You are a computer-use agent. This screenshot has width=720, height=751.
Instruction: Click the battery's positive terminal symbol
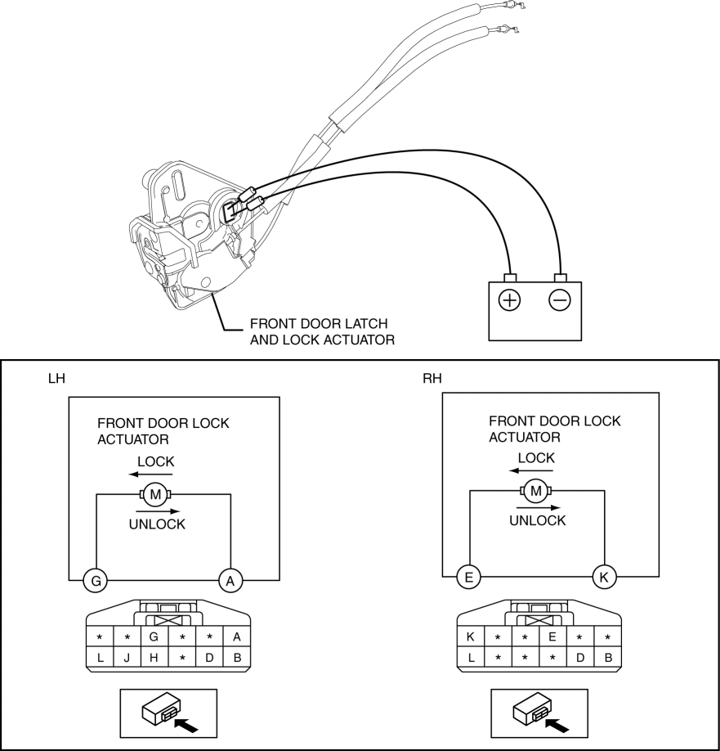click(509, 300)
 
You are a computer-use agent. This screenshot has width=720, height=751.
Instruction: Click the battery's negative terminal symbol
click(560, 300)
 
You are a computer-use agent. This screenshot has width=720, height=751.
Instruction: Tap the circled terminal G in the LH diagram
click(96, 581)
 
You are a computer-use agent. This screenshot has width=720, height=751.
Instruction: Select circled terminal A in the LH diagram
click(230, 581)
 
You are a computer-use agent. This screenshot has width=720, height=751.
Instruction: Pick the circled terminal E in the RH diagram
click(469, 577)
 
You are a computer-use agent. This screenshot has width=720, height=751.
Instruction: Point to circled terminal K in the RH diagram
click(604, 577)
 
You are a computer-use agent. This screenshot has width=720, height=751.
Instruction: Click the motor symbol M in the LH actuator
click(155, 494)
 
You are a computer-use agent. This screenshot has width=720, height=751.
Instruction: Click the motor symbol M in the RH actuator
click(536, 491)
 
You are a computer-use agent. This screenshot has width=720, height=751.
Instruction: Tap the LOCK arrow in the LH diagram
click(150, 474)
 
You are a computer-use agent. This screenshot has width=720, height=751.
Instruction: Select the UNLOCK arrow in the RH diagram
click(539, 508)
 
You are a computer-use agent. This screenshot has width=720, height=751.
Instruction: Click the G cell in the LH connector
click(154, 637)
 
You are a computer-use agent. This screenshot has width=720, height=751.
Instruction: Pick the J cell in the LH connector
click(127, 658)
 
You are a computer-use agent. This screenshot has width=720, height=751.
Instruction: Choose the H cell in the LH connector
click(154, 658)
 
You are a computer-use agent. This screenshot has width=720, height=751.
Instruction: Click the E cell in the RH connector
click(552, 637)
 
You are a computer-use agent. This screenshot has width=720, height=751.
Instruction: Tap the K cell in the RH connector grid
click(471, 637)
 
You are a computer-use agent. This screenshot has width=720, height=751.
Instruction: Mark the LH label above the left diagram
click(56, 379)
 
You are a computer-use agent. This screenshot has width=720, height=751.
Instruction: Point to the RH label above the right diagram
click(432, 379)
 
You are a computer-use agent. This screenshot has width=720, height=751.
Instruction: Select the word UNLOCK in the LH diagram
click(157, 524)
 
